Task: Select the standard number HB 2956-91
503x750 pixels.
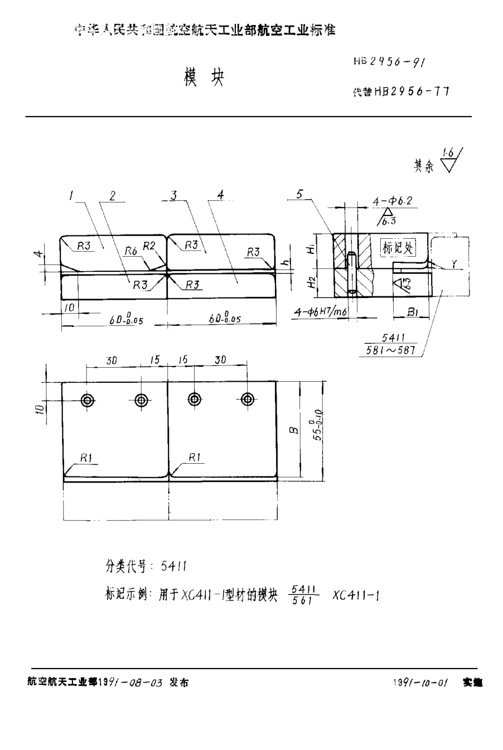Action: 391,63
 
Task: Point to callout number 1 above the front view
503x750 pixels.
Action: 72,196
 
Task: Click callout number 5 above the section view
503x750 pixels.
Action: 300,194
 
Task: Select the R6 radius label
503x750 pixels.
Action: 130,251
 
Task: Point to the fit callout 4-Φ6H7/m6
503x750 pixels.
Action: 321,314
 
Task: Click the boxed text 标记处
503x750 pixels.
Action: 396,248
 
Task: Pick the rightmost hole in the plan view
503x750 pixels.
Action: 247,399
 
